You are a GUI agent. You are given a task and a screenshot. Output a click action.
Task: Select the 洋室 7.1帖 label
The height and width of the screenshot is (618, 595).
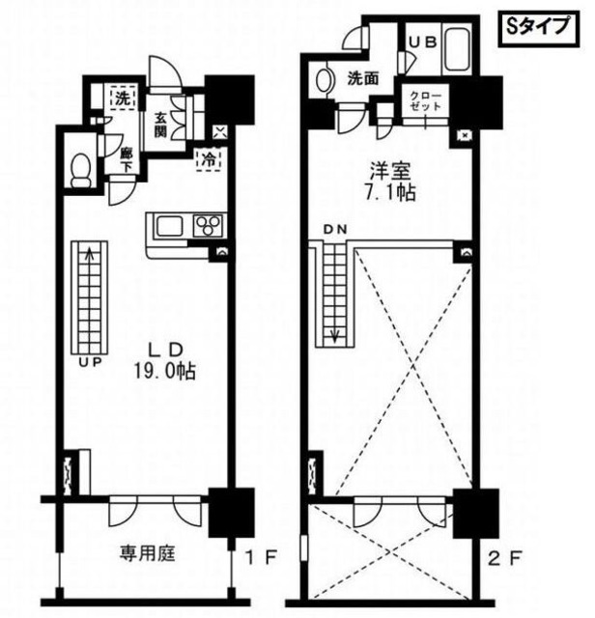click(x=391, y=182)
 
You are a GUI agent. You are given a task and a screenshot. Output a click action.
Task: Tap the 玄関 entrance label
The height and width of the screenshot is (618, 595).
click(x=160, y=126)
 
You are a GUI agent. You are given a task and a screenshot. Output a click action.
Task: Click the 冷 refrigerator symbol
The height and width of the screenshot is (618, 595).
click(x=210, y=159)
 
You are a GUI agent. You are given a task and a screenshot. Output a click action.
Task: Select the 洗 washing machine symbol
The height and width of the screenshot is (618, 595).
click(x=123, y=98)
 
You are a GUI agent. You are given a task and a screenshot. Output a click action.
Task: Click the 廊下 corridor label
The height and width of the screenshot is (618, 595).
click(x=125, y=157)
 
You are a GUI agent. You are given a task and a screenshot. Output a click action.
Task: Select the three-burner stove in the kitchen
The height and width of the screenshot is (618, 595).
click(x=207, y=227)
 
